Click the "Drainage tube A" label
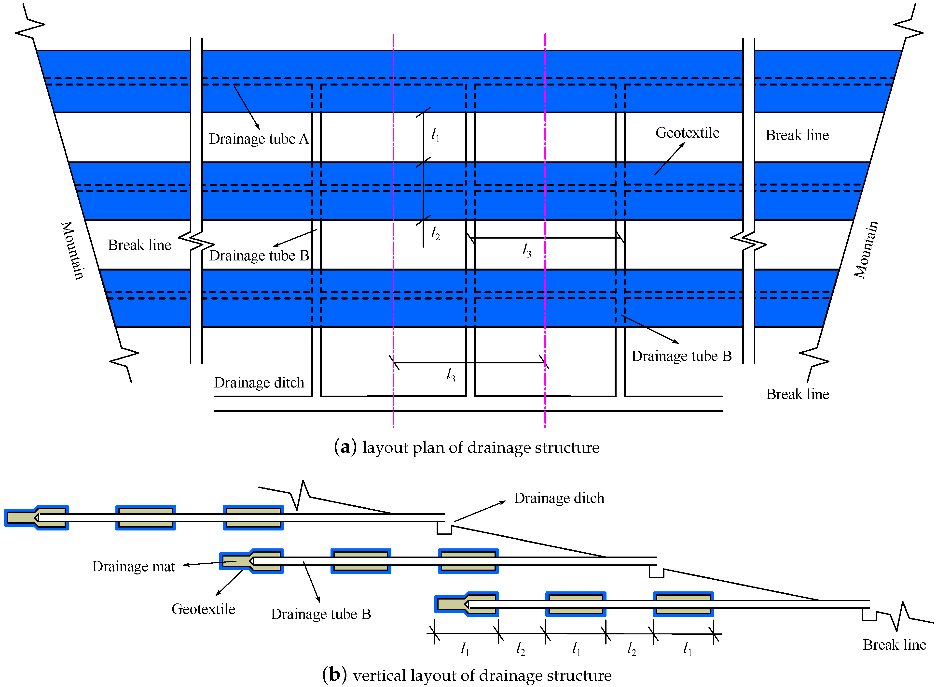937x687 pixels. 259,139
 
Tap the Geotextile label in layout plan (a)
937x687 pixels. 687,133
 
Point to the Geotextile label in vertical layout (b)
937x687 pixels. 203,609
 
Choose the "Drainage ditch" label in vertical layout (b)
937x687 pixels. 559,498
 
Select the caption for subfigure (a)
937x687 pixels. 467,447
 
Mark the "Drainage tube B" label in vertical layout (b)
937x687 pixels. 321,614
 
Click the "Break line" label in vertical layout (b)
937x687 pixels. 894,645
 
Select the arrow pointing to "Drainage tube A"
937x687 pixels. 247,108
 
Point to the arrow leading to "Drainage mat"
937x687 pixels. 210,563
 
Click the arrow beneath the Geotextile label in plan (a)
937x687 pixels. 669,158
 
